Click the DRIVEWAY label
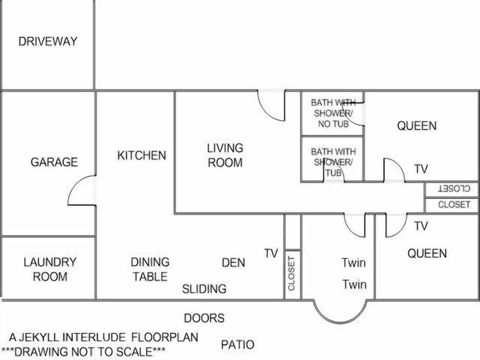coord(48,41)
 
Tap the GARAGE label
coord(54,162)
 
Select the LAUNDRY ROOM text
coord(50,269)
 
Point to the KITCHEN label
coord(142,156)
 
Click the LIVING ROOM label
coord(225,155)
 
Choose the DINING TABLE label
coord(150,269)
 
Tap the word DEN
coord(233,263)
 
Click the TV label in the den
coord(271,253)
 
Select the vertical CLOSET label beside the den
coord(291,273)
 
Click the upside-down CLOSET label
coord(454,189)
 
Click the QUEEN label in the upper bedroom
coord(417,126)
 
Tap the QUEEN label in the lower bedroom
coord(427,253)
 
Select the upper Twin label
coord(354,263)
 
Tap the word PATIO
coord(238,345)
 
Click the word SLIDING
coord(204,289)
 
